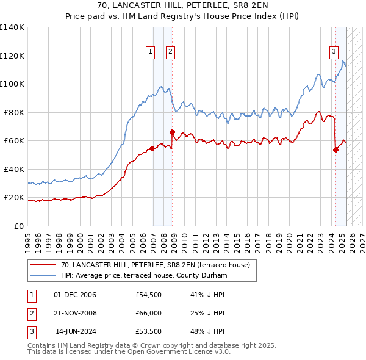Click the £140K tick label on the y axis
12,27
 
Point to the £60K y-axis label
15,141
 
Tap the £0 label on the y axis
20,226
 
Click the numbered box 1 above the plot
150,52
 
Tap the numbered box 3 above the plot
334,52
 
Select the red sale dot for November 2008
173,132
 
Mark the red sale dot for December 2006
152,148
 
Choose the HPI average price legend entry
144,276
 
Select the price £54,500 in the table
148,295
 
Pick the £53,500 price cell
148,331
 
